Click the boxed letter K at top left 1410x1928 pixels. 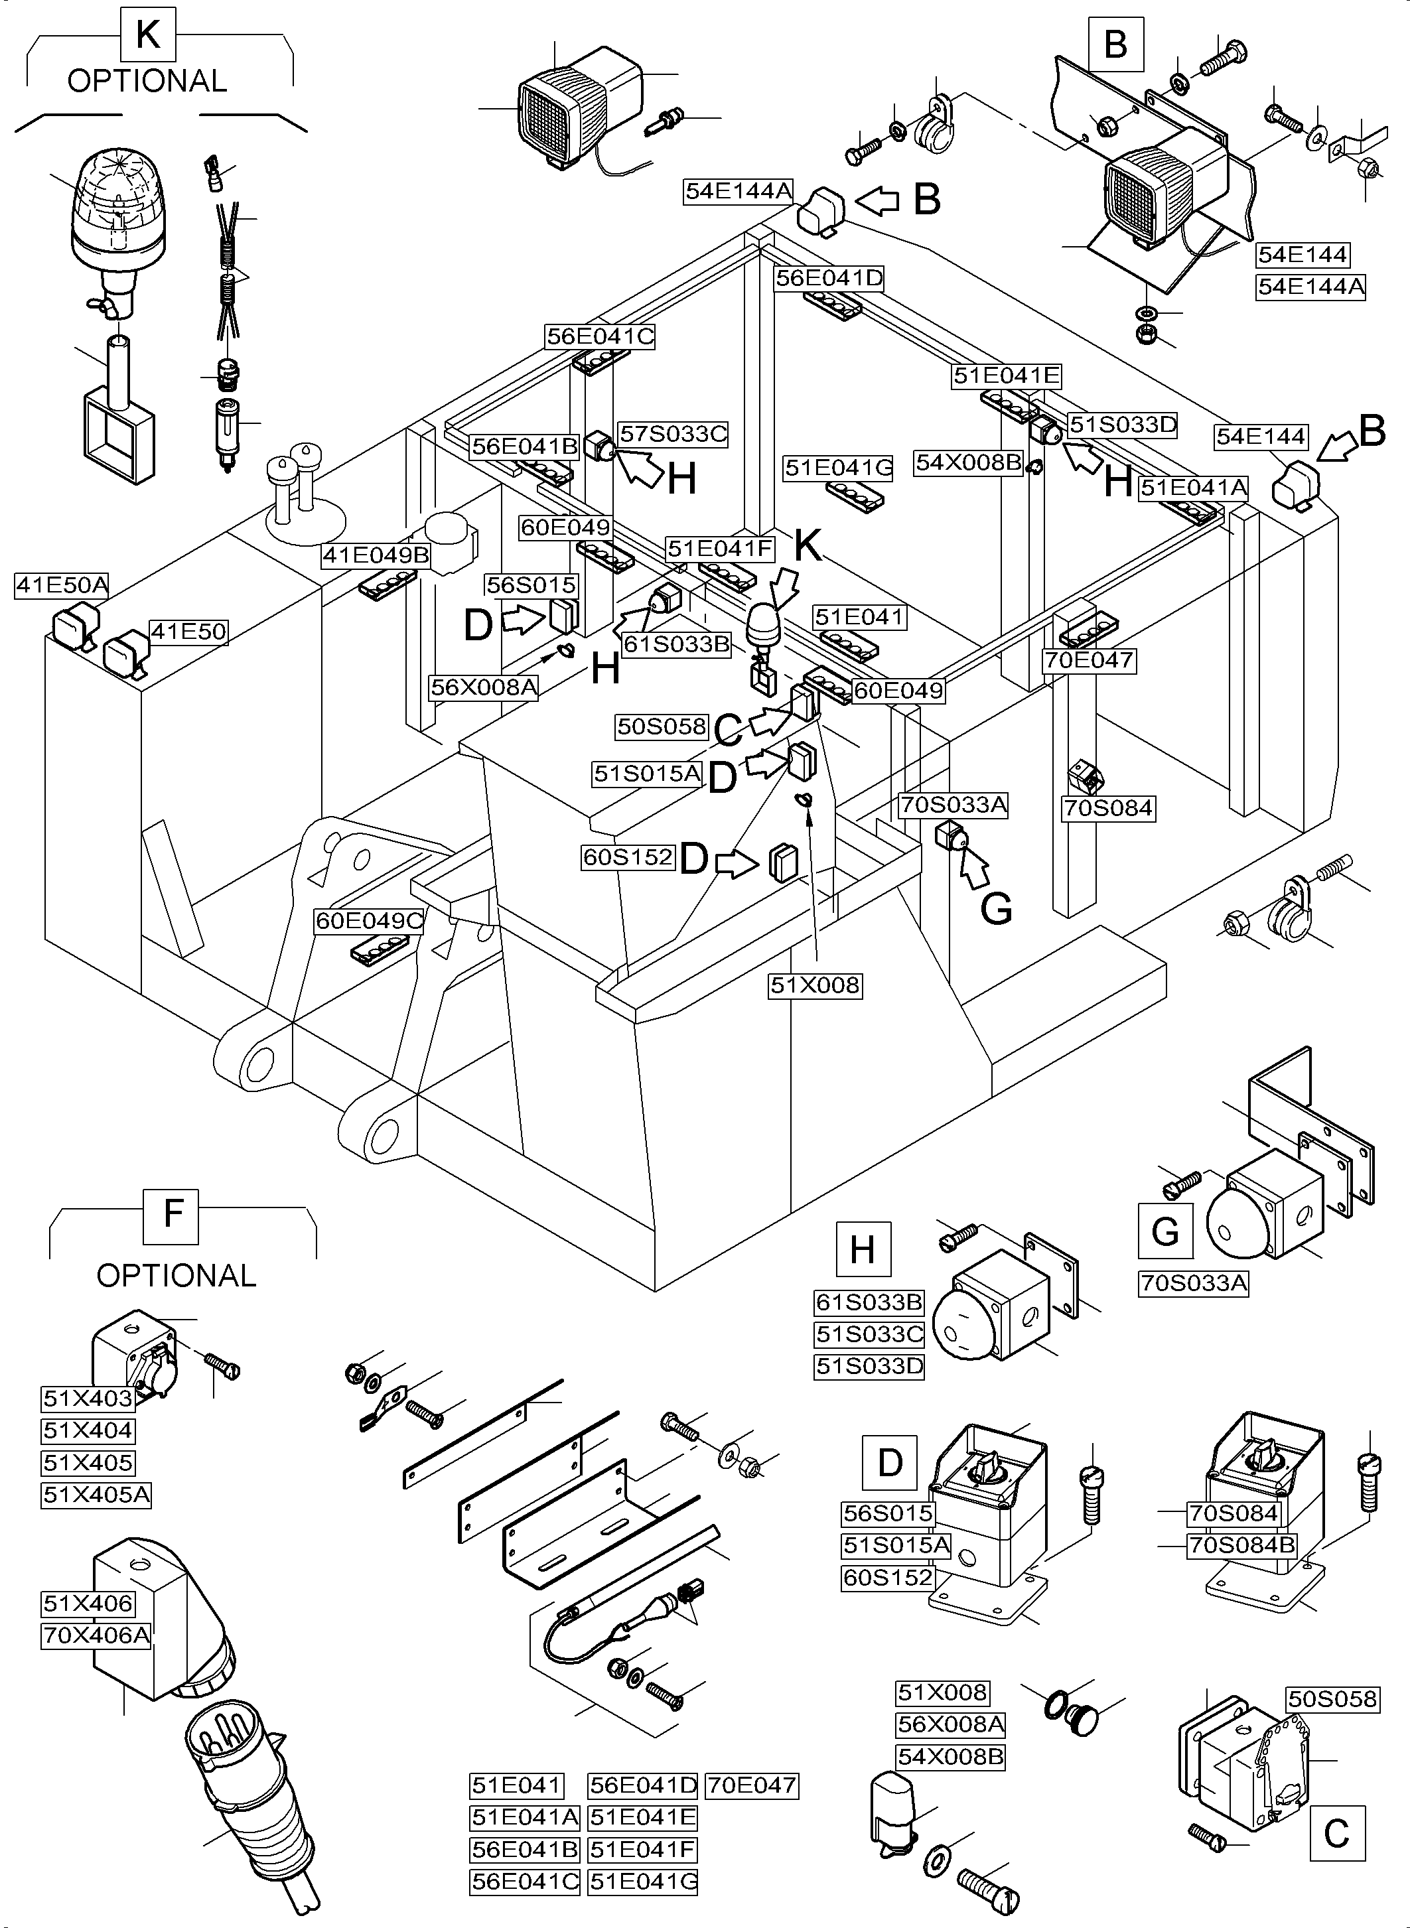148,35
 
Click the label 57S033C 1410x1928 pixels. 673,435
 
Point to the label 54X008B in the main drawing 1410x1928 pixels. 968,462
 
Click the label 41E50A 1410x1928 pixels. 62,585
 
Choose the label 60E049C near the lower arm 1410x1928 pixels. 370,921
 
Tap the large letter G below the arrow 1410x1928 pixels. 996,910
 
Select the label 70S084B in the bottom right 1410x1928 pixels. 1242,1546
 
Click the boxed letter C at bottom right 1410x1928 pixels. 1336,1833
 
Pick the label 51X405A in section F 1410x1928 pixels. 96,1495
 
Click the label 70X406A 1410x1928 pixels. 96,1636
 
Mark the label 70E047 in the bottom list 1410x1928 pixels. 752,1785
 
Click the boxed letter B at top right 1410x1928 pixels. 1115,44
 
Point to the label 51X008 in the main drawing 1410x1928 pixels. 815,986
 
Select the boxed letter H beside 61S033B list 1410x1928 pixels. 863,1249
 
